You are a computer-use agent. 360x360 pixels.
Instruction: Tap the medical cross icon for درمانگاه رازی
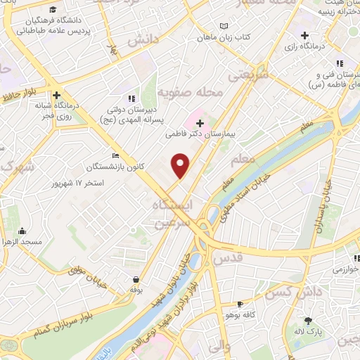point(304,35)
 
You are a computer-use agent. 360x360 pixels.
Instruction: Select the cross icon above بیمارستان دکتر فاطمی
point(200,124)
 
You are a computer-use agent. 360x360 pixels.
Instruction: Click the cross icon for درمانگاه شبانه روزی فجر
point(56,95)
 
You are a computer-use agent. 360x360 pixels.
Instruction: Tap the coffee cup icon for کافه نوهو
point(241,304)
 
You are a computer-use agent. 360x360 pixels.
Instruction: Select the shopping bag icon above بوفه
point(135,279)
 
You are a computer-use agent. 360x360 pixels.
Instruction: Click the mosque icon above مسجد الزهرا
point(22,231)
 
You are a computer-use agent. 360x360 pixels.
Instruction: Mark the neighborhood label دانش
point(140,42)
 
